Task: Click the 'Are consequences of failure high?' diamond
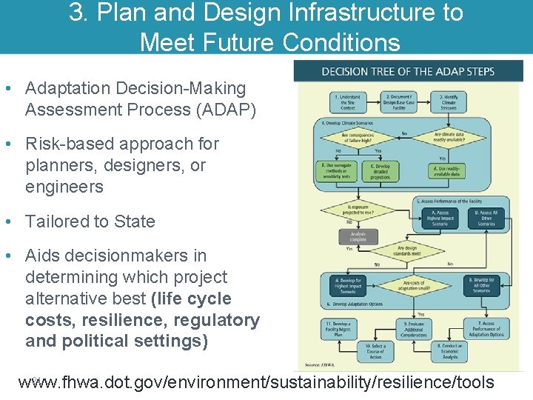(x=357, y=138)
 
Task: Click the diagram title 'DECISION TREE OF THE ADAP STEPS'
(x=408, y=72)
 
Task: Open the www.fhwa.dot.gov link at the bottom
(x=255, y=382)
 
